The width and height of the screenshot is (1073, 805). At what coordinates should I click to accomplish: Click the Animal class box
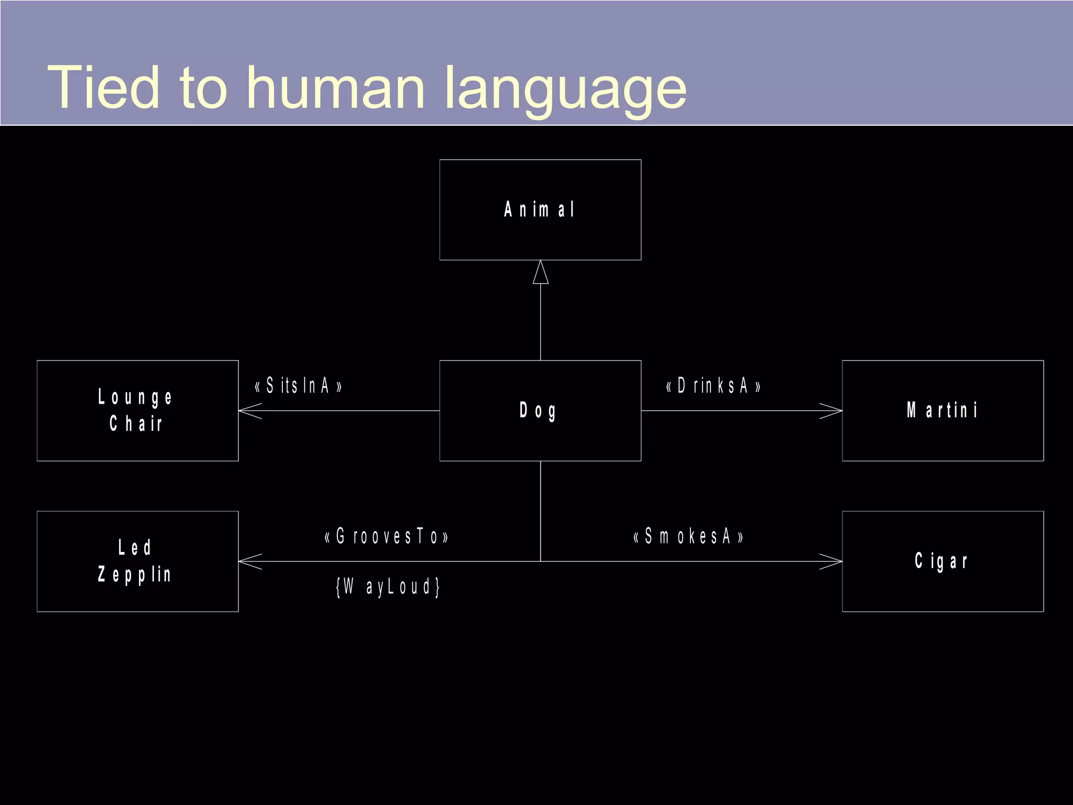coord(540,210)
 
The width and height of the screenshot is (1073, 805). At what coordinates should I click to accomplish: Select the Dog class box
coord(540,410)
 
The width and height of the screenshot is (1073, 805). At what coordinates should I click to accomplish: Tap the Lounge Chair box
coord(137,410)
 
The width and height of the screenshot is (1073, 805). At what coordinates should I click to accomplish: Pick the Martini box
coord(943,410)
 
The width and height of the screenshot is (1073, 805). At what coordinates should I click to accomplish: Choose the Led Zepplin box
coord(137,561)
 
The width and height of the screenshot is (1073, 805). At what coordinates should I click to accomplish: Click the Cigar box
coord(943,561)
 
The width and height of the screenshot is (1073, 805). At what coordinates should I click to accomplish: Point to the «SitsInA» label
coord(298,386)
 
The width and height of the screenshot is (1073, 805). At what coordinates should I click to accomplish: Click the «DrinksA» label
coord(713,386)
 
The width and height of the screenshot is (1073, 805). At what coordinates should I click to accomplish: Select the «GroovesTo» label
coord(387,537)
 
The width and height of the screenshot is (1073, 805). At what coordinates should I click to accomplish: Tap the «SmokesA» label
coord(688,537)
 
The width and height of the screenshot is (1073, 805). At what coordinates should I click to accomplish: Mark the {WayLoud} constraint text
coord(388,586)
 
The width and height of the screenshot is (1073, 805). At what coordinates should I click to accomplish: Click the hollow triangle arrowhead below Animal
coord(541,273)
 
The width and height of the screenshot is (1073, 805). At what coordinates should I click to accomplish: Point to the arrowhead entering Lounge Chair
coord(249,411)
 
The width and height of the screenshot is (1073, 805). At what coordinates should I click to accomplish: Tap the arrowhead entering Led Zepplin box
coord(249,561)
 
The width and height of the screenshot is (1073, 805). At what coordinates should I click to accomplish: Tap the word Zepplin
coord(135,574)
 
